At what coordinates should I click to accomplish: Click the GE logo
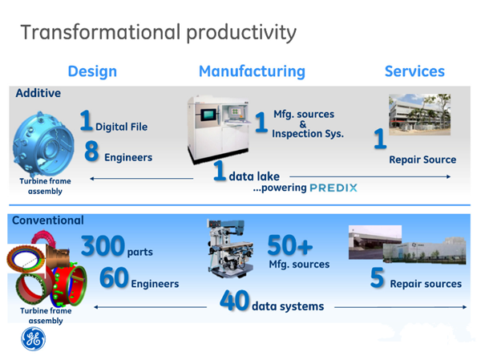point(34,339)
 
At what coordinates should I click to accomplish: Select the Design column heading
point(92,71)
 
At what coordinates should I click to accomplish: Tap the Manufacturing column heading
point(252,71)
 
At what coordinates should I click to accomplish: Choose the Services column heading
point(414,71)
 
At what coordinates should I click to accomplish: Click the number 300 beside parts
point(103,245)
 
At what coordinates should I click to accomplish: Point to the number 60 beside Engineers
point(114,277)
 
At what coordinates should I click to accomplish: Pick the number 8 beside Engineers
point(91,151)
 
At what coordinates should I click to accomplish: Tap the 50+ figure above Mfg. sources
point(290,245)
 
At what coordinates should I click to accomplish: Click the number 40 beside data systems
point(234,301)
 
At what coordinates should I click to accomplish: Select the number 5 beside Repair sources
point(377,277)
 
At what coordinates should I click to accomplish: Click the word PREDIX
point(333,188)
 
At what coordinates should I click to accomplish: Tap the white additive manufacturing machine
point(218,129)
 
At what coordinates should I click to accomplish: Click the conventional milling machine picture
point(231,249)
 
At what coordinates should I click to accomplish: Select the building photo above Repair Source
point(419,115)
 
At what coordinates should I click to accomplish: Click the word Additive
point(38,93)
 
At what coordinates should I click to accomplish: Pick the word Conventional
point(48,220)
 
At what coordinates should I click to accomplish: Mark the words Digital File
point(122,127)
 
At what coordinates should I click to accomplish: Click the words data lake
point(254,176)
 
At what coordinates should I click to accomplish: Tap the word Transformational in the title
point(101,32)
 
